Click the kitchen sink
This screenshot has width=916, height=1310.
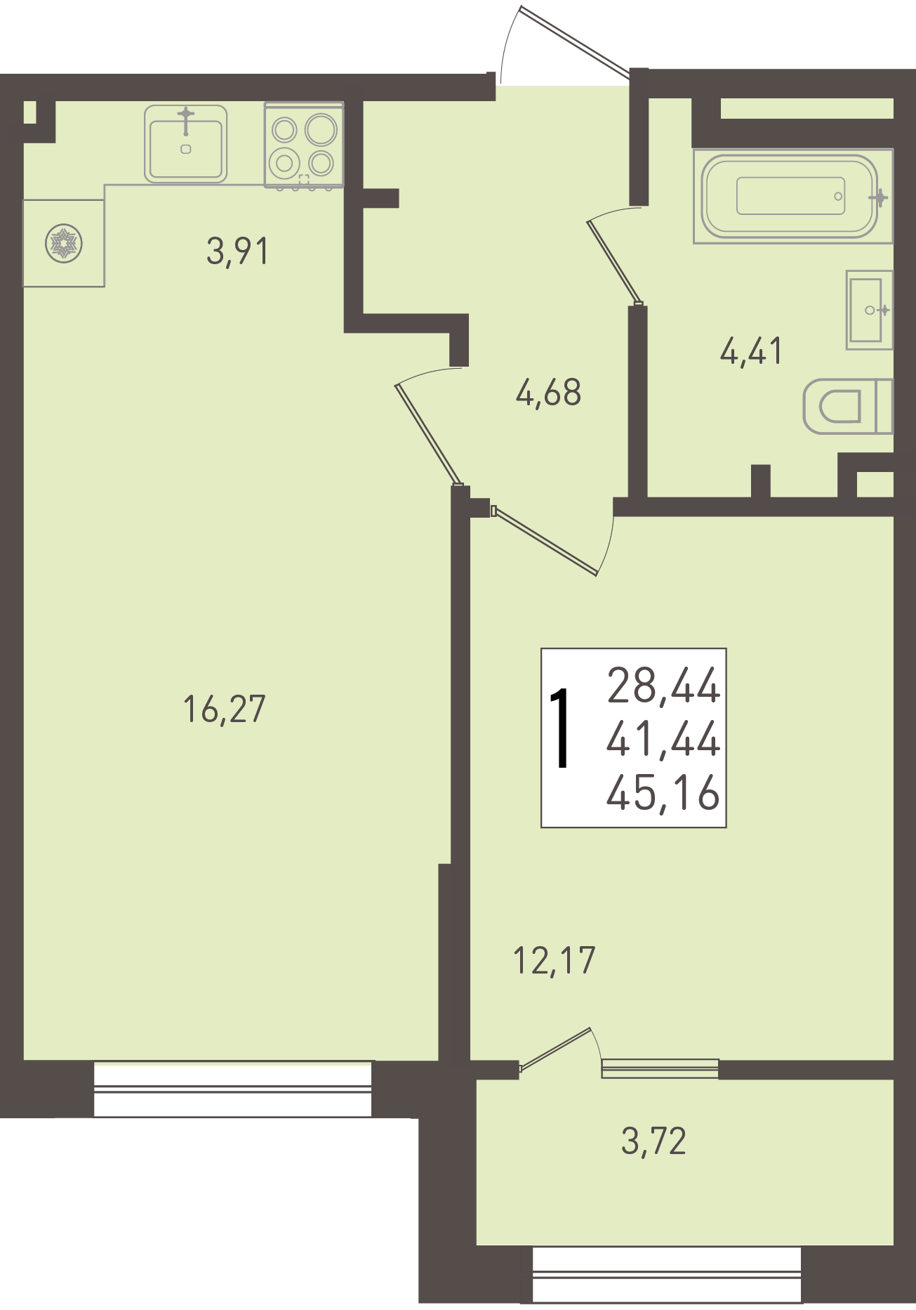coord(185,144)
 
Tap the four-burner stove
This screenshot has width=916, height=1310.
coord(304,145)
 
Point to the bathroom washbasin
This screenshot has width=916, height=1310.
coord(869,310)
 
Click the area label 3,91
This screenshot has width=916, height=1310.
coord(237,251)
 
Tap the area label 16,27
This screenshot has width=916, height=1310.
coord(224,709)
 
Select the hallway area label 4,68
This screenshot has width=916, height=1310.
coord(548,393)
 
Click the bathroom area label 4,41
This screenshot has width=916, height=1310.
coord(750,351)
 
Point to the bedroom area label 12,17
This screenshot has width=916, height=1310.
coord(555,960)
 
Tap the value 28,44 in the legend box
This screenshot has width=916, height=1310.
coord(663,686)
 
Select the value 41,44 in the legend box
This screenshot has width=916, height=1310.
coord(663,739)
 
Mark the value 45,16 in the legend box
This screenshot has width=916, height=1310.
coord(663,793)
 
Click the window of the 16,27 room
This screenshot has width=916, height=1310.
coord(232,1089)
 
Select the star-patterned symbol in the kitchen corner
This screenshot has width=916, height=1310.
coord(64,244)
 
